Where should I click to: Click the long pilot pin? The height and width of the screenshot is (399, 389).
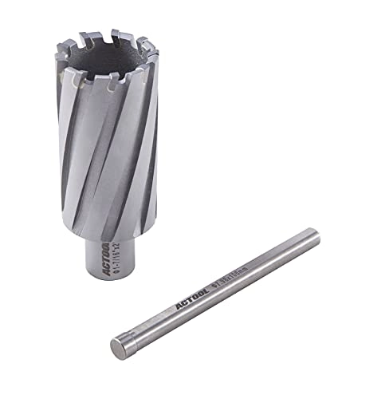pyautogui.click(x=215, y=291)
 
